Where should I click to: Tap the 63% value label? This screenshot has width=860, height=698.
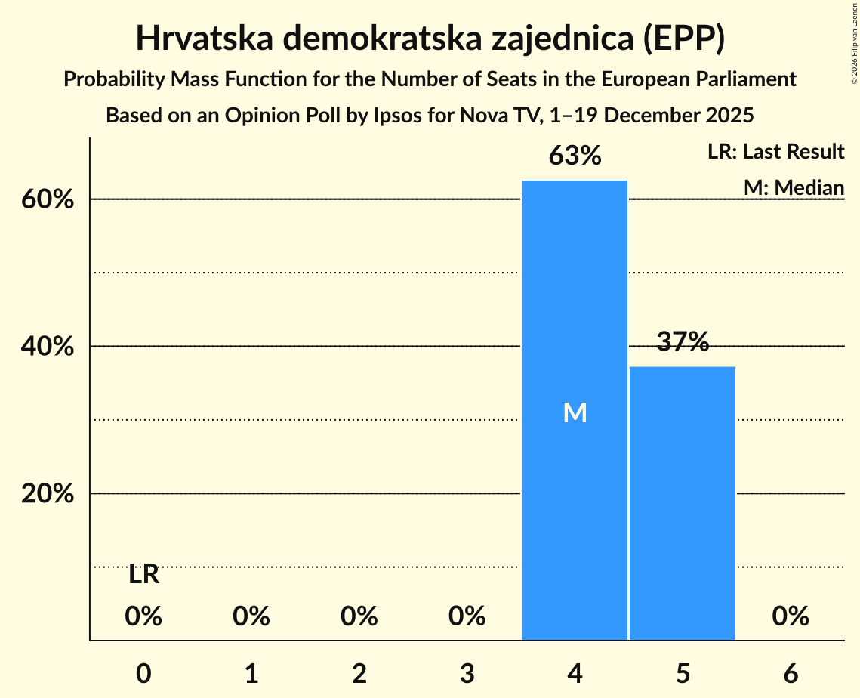pos(575,156)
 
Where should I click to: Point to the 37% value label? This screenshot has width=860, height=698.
pos(683,342)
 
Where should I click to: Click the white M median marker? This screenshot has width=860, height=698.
pos(575,412)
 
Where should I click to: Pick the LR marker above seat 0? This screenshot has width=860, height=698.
pos(143,575)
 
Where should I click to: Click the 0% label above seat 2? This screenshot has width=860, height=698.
pos(359,616)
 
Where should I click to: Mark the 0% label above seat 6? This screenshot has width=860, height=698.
pos(791,616)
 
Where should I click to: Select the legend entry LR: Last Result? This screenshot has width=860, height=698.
pos(775,152)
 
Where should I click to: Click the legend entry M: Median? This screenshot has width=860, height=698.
pos(794,187)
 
